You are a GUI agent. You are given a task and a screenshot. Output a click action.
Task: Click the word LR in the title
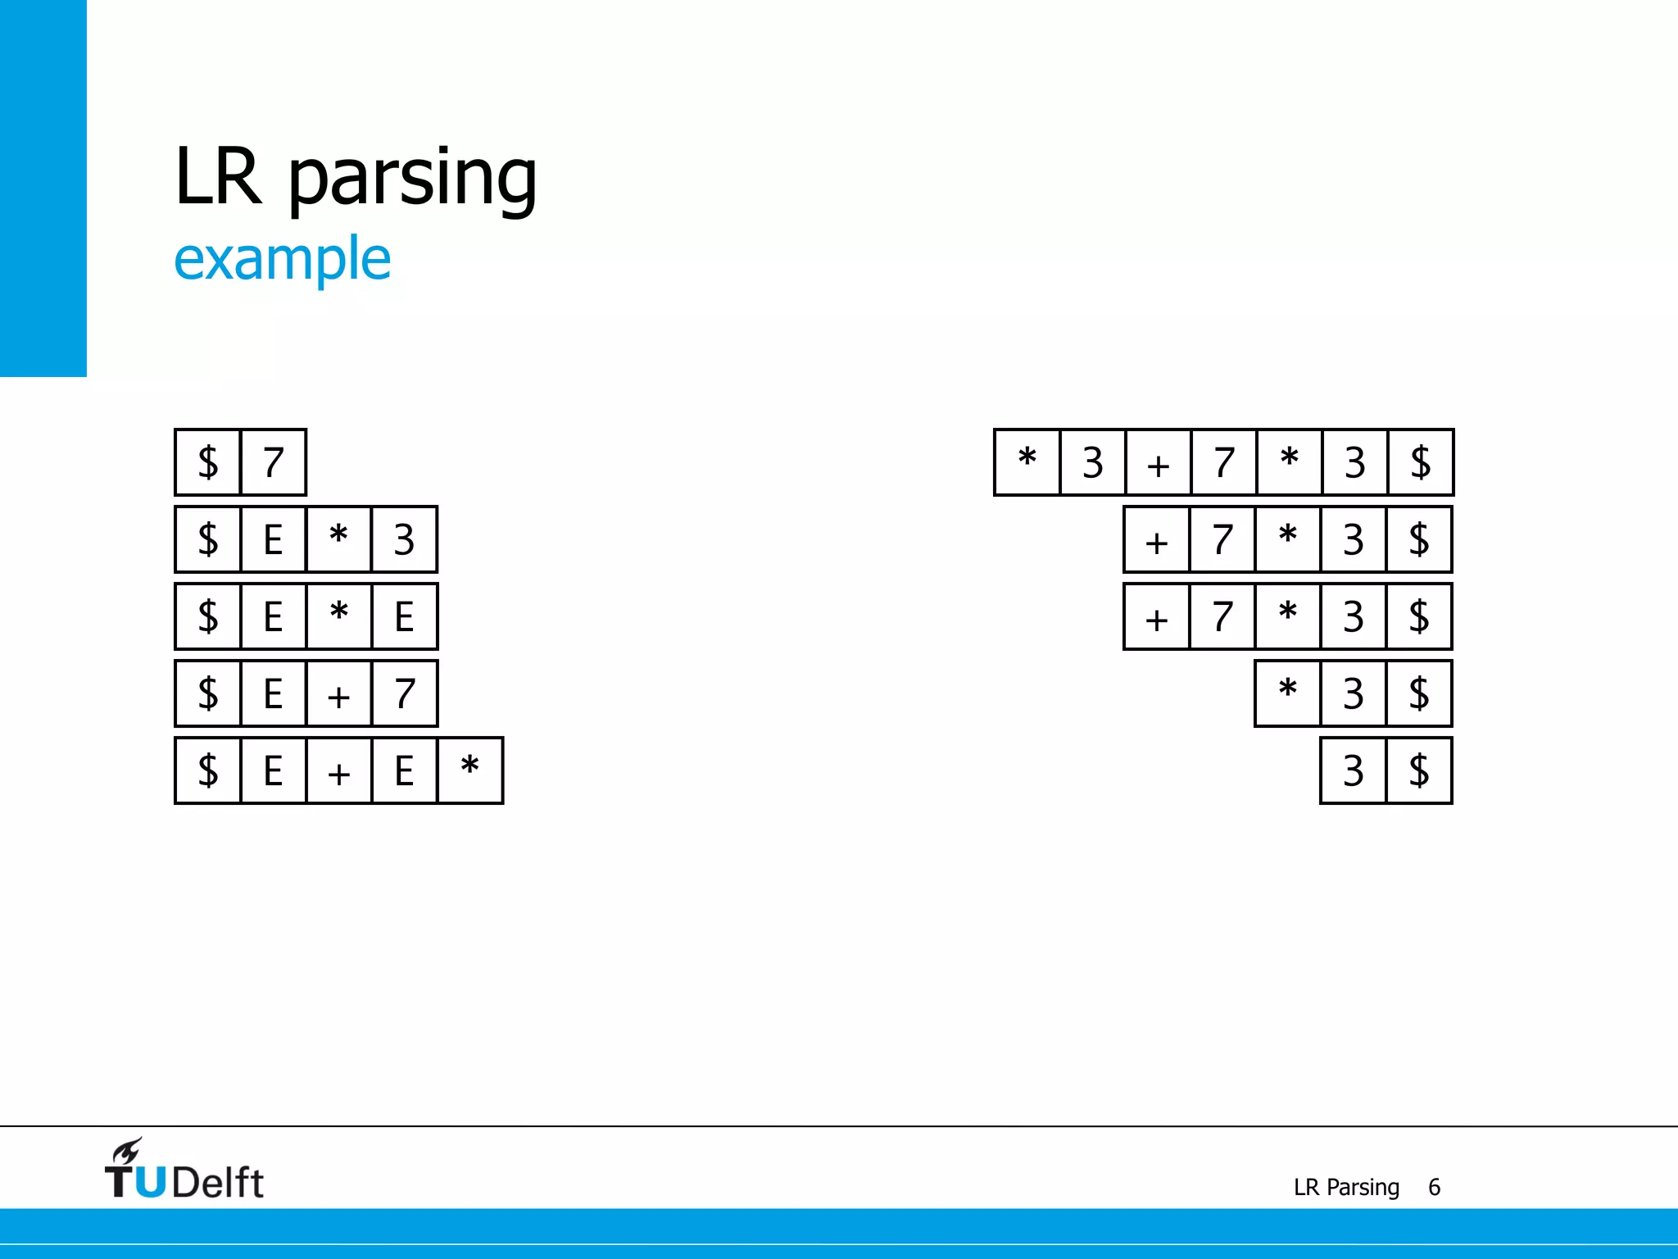pyautogui.click(x=218, y=176)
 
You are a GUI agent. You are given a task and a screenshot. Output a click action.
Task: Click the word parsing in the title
pyautogui.click(x=412, y=179)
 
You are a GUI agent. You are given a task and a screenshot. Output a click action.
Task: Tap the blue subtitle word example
pyautogui.click(x=282, y=259)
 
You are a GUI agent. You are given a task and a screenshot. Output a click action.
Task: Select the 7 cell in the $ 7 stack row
pyautogui.click(x=274, y=462)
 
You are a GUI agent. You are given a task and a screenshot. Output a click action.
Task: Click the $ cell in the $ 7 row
pyautogui.click(x=208, y=462)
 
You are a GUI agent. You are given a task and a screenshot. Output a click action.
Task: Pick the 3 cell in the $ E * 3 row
pyautogui.click(x=404, y=539)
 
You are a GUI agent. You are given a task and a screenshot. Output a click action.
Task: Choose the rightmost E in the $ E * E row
pyautogui.click(x=404, y=616)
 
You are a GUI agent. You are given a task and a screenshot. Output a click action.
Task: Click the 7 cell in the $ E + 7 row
pyautogui.click(x=404, y=693)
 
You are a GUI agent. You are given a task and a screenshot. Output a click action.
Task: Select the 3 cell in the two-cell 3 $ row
pyautogui.click(x=1353, y=770)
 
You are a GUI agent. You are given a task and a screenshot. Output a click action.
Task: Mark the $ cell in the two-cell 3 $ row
pyautogui.click(x=1418, y=770)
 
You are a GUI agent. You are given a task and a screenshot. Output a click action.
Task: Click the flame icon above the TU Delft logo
pyautogui.click(x=127, y=1151)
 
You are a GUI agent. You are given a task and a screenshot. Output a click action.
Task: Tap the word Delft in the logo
pyautogui.click(x=218, y=1183)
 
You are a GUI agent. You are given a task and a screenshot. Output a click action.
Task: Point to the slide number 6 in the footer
pyautogui.click(x=1434, y=1187)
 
